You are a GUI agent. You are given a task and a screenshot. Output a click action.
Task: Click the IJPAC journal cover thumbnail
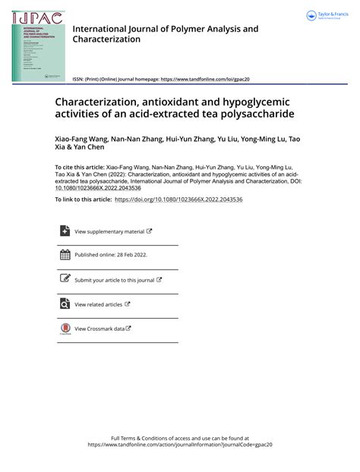[x=37, y=46]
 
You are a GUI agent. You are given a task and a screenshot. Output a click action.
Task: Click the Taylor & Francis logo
[x=326, y=16]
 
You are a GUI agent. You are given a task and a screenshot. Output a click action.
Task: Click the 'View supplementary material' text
[x=109, y=231]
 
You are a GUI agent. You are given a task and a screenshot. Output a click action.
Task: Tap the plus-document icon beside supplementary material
[x=65, y=231]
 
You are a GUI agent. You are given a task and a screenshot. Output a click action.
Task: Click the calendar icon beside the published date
[x=65, y=255]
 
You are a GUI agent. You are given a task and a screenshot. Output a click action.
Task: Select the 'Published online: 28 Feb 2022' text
[x=111, y=256]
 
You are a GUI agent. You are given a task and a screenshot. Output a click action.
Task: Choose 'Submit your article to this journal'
[x=115, y=280]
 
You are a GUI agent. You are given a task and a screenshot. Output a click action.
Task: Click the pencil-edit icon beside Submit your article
[x=65, y=279]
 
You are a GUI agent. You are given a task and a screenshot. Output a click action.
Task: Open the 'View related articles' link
[x=99, y=304]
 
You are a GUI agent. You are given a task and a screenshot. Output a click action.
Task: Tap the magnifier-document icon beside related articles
[x=65, y=304]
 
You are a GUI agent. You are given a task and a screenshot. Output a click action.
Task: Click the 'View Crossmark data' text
[x=99, y=329]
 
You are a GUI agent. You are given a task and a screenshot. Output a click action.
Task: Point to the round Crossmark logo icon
[x=65, y=329]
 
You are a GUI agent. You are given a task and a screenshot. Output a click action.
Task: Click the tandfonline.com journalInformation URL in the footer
[x=180, y=445]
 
